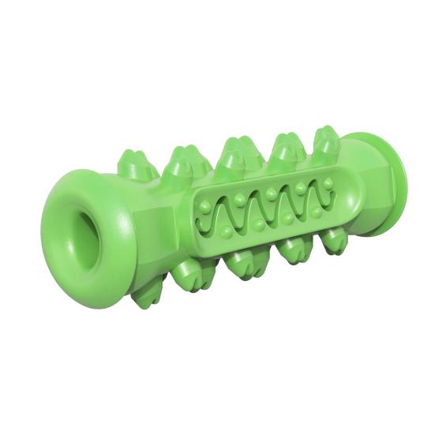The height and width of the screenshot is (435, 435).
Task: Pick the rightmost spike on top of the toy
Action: [325, 143]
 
